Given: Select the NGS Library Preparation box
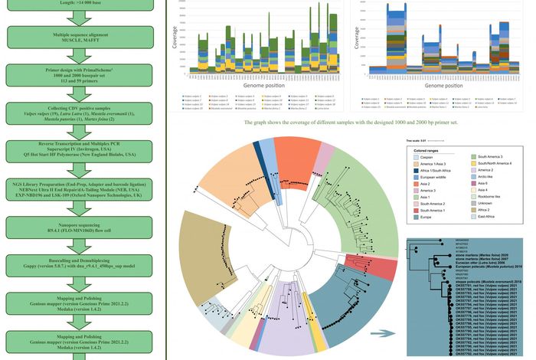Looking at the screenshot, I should click(x=82, y=199).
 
